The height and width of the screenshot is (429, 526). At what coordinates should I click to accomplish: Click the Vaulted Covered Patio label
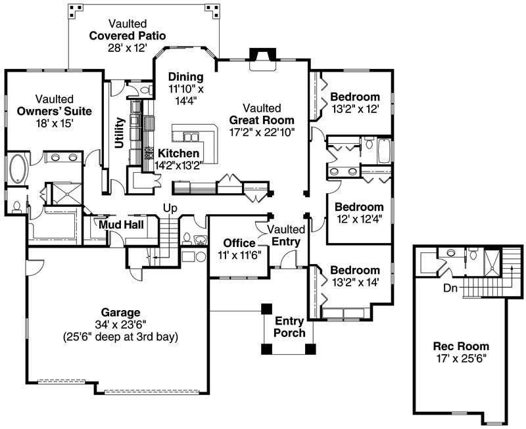tap(127, 35)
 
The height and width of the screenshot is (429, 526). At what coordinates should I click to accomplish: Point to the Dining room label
tap(185, 77)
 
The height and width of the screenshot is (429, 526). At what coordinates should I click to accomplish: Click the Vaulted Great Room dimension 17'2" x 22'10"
tap(262, 132)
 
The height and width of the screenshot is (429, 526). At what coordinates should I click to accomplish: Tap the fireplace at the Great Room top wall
tap(262, 57)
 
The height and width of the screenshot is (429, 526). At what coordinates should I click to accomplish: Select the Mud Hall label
tap(122, 225)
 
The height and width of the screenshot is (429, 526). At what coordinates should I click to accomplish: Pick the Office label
tap(239, 243)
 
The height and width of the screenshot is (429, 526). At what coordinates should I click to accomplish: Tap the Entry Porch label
tap(289, 327)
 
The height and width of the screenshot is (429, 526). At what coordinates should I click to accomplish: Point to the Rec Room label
tap(460, 346)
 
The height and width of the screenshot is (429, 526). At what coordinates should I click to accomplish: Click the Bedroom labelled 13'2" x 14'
tap(354, 270)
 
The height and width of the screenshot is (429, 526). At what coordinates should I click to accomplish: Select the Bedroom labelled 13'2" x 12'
tap(354, 97)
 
